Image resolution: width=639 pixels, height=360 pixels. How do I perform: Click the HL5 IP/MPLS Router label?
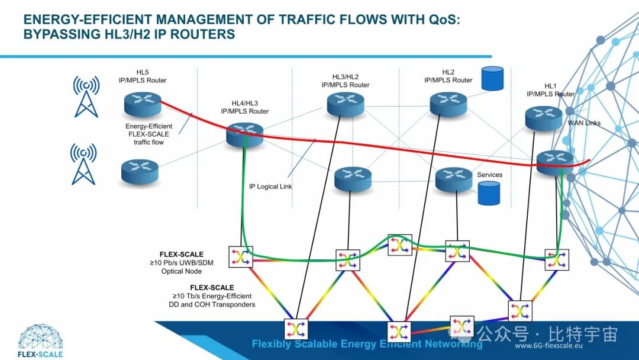(x=143, y=76)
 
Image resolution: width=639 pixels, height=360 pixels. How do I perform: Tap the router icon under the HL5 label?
(x=143, y=104)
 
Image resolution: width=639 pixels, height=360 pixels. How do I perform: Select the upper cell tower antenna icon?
(x=86, y=96)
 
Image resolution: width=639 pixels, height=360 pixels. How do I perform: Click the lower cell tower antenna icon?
(x=83, y=163)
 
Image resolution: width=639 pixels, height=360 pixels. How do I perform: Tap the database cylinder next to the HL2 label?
(x=492, y=78)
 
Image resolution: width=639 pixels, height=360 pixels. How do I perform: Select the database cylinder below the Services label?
(x=489, y=193)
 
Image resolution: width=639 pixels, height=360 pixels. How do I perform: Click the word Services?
(x=489, y=175)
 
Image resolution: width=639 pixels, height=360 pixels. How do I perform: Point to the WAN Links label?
(x=584, y=123)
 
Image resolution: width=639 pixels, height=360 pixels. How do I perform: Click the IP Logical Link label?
(x=270, y=187)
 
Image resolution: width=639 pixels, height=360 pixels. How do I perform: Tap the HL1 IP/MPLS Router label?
(x=550, y=90)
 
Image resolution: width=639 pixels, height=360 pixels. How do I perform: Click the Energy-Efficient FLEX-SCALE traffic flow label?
(x=149, y=134)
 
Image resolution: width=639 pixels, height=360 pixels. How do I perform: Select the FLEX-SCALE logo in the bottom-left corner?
(x=40, y=340)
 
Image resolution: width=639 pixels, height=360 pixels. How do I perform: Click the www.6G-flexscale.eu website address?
(x=550, y=346)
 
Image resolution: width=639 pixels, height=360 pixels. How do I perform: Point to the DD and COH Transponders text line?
(x=212, y=304)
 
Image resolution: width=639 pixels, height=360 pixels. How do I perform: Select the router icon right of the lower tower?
(x=140, y=171)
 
